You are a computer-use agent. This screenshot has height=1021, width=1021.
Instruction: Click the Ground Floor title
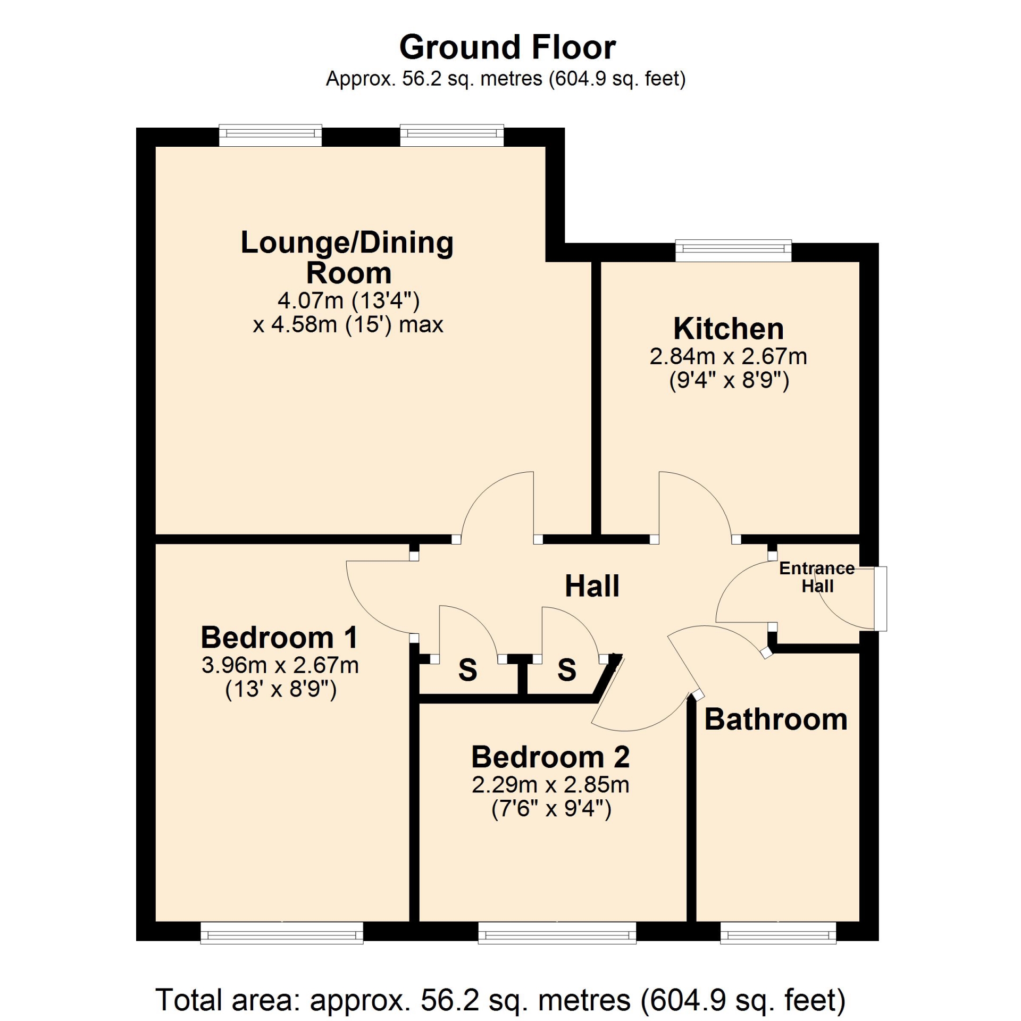tap(507, 47)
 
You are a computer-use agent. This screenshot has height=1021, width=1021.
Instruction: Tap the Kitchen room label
tap(728, 329)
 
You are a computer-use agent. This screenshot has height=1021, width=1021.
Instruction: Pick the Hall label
tap(592, 586)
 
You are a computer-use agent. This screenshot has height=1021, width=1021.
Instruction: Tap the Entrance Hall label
tap(817, 577)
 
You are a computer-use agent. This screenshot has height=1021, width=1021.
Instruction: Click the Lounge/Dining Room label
tap(348, 257)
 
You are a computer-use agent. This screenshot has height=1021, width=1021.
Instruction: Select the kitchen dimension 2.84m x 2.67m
tap(728, 356)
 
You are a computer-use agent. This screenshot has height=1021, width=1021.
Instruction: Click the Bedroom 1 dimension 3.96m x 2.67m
tap(280, 665)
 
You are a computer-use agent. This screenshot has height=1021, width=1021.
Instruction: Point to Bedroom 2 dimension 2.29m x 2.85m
tap(550, 785)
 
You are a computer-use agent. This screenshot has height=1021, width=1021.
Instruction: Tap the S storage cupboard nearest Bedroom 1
tap(467, 669)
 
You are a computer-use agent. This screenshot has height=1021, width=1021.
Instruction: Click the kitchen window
tap(733, 251)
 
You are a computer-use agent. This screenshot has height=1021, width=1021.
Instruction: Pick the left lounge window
tap(271, 135)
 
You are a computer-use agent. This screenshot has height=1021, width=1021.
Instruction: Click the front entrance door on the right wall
tap(881, 599)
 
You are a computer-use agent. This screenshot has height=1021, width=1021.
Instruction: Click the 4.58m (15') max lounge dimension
tap(348, 324)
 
